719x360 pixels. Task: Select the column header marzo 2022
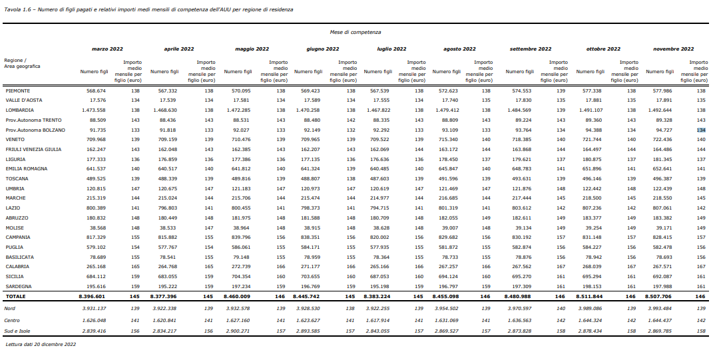(x=107, y=49)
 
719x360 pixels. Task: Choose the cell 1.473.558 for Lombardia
(x=93, y=110)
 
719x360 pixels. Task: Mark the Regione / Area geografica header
(x=22, y=63)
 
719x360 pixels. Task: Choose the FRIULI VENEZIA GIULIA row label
(x=33, y=150)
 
